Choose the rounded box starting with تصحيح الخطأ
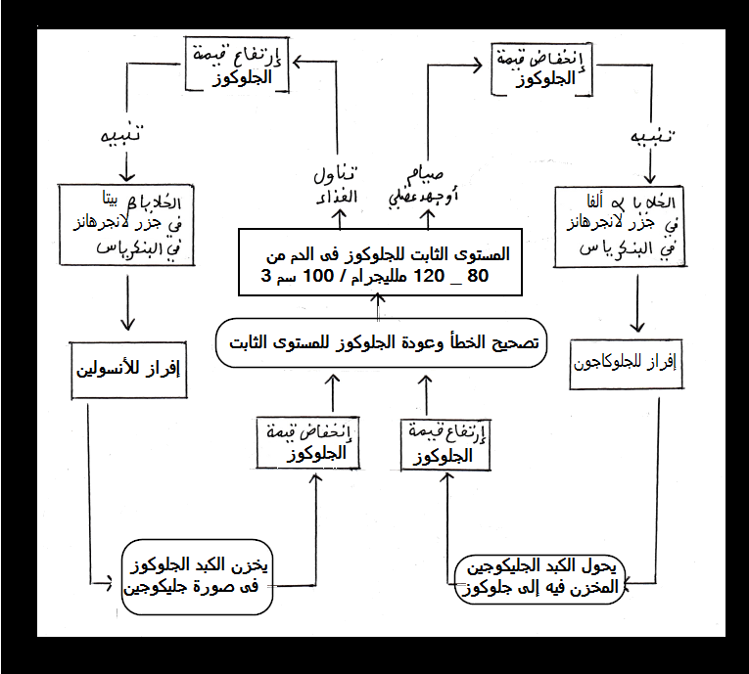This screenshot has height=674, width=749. tap(382, 344)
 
